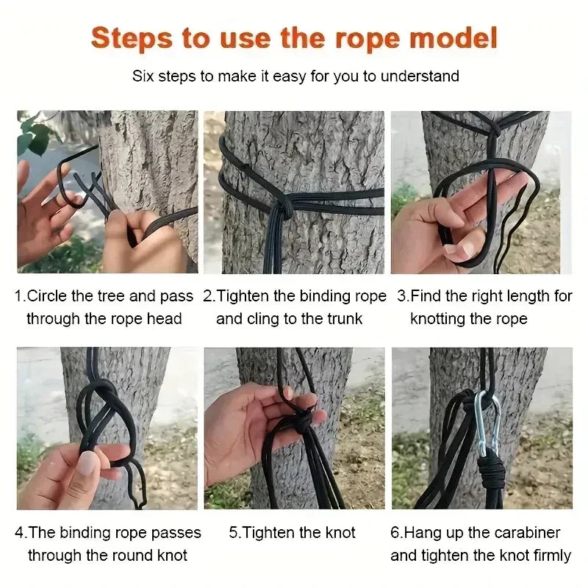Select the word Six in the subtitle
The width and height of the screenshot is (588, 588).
[143, 76]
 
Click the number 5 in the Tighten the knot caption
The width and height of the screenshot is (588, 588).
[233, 533]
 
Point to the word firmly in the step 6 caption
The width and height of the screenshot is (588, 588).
[550, 555]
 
